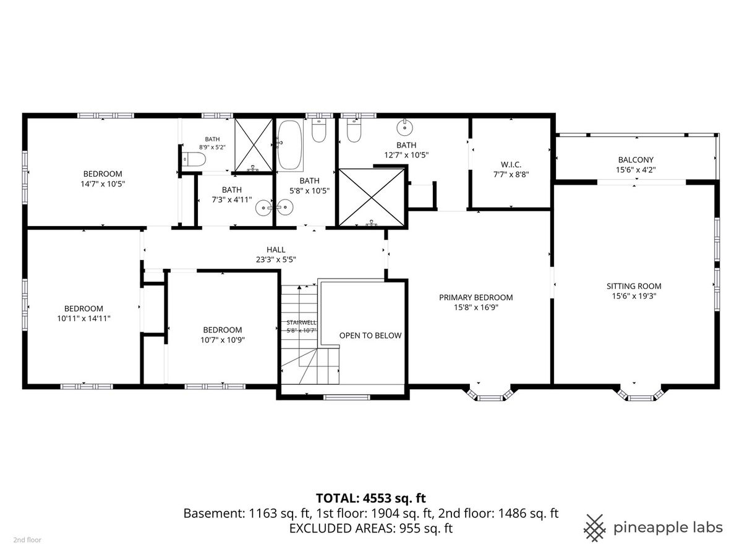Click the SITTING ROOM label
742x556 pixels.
point(634,286)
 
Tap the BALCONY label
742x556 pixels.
point(636,159)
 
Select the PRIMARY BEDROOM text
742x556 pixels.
point(475,297)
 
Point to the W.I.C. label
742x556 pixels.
point(511,164)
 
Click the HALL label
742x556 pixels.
point(276,250)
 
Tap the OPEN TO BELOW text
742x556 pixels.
point(370,335)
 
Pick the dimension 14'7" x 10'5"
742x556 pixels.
point(103,184)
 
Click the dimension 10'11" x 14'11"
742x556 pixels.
point(84,318)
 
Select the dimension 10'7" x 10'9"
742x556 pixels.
point(223,340)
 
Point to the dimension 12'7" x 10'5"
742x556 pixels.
point(406,155)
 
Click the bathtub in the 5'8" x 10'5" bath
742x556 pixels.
point(290,145)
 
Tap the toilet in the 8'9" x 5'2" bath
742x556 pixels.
point(194,159)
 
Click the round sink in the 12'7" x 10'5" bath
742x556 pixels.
point(404,127)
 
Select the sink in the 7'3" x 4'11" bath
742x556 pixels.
point(263,208)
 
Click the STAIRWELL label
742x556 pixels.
point(301,322)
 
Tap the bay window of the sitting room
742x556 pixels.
point(641,394)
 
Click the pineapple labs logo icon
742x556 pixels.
point(595,528)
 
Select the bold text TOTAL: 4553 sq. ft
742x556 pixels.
point(371,498)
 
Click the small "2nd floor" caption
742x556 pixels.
point(27,540)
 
